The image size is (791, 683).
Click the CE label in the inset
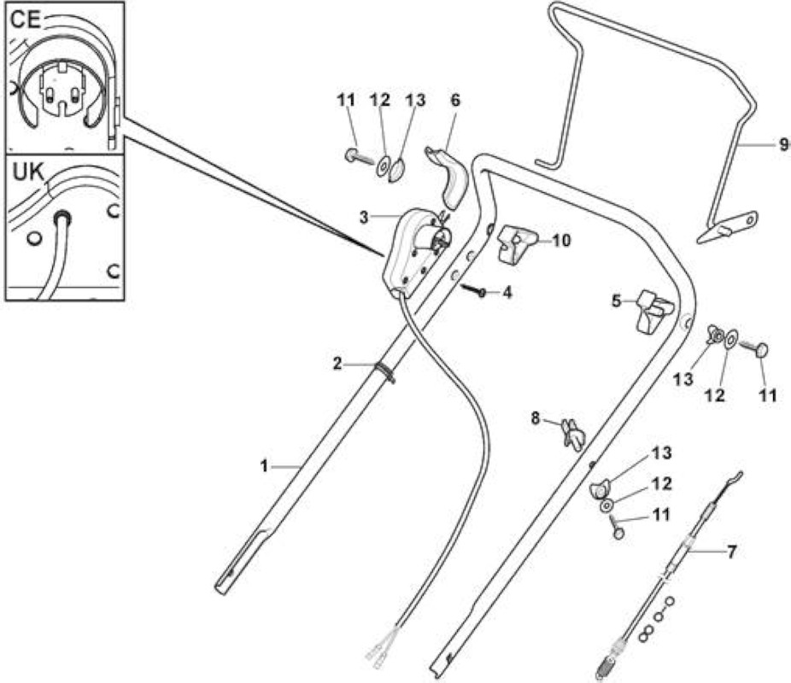[x=26, y=20]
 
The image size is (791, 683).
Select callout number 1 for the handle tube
[x=264, y=467]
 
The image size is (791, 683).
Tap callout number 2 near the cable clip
[x=337, y=363]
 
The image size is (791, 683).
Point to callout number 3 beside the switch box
[x=364, y=218]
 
